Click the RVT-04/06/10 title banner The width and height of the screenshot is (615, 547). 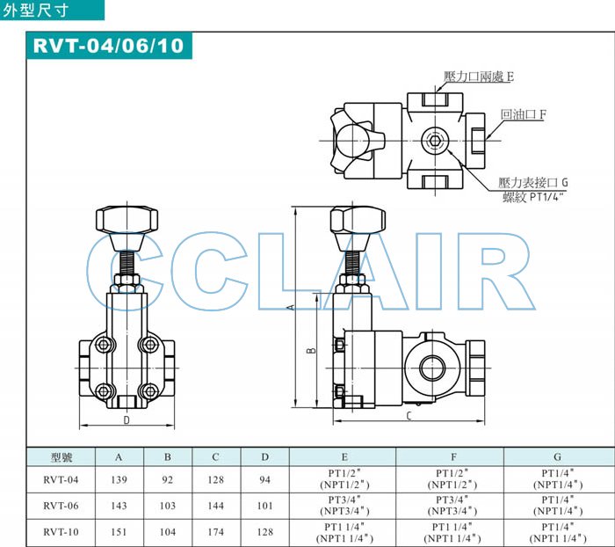[x=109, y=46]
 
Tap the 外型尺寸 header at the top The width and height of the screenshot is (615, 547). [x=35, y=11]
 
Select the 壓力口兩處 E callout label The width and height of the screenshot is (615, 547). [x=479, y=77]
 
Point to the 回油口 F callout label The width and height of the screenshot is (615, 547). [x=523, y=114]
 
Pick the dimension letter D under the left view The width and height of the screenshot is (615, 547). [x=127, y=420]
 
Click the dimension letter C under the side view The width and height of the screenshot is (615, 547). [x=409, y=416]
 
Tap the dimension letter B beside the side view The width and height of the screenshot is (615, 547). [x=311, y=349]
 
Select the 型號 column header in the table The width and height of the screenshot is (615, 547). [x=61, y=457]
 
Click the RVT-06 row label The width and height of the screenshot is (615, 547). [x=61, y=506]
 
